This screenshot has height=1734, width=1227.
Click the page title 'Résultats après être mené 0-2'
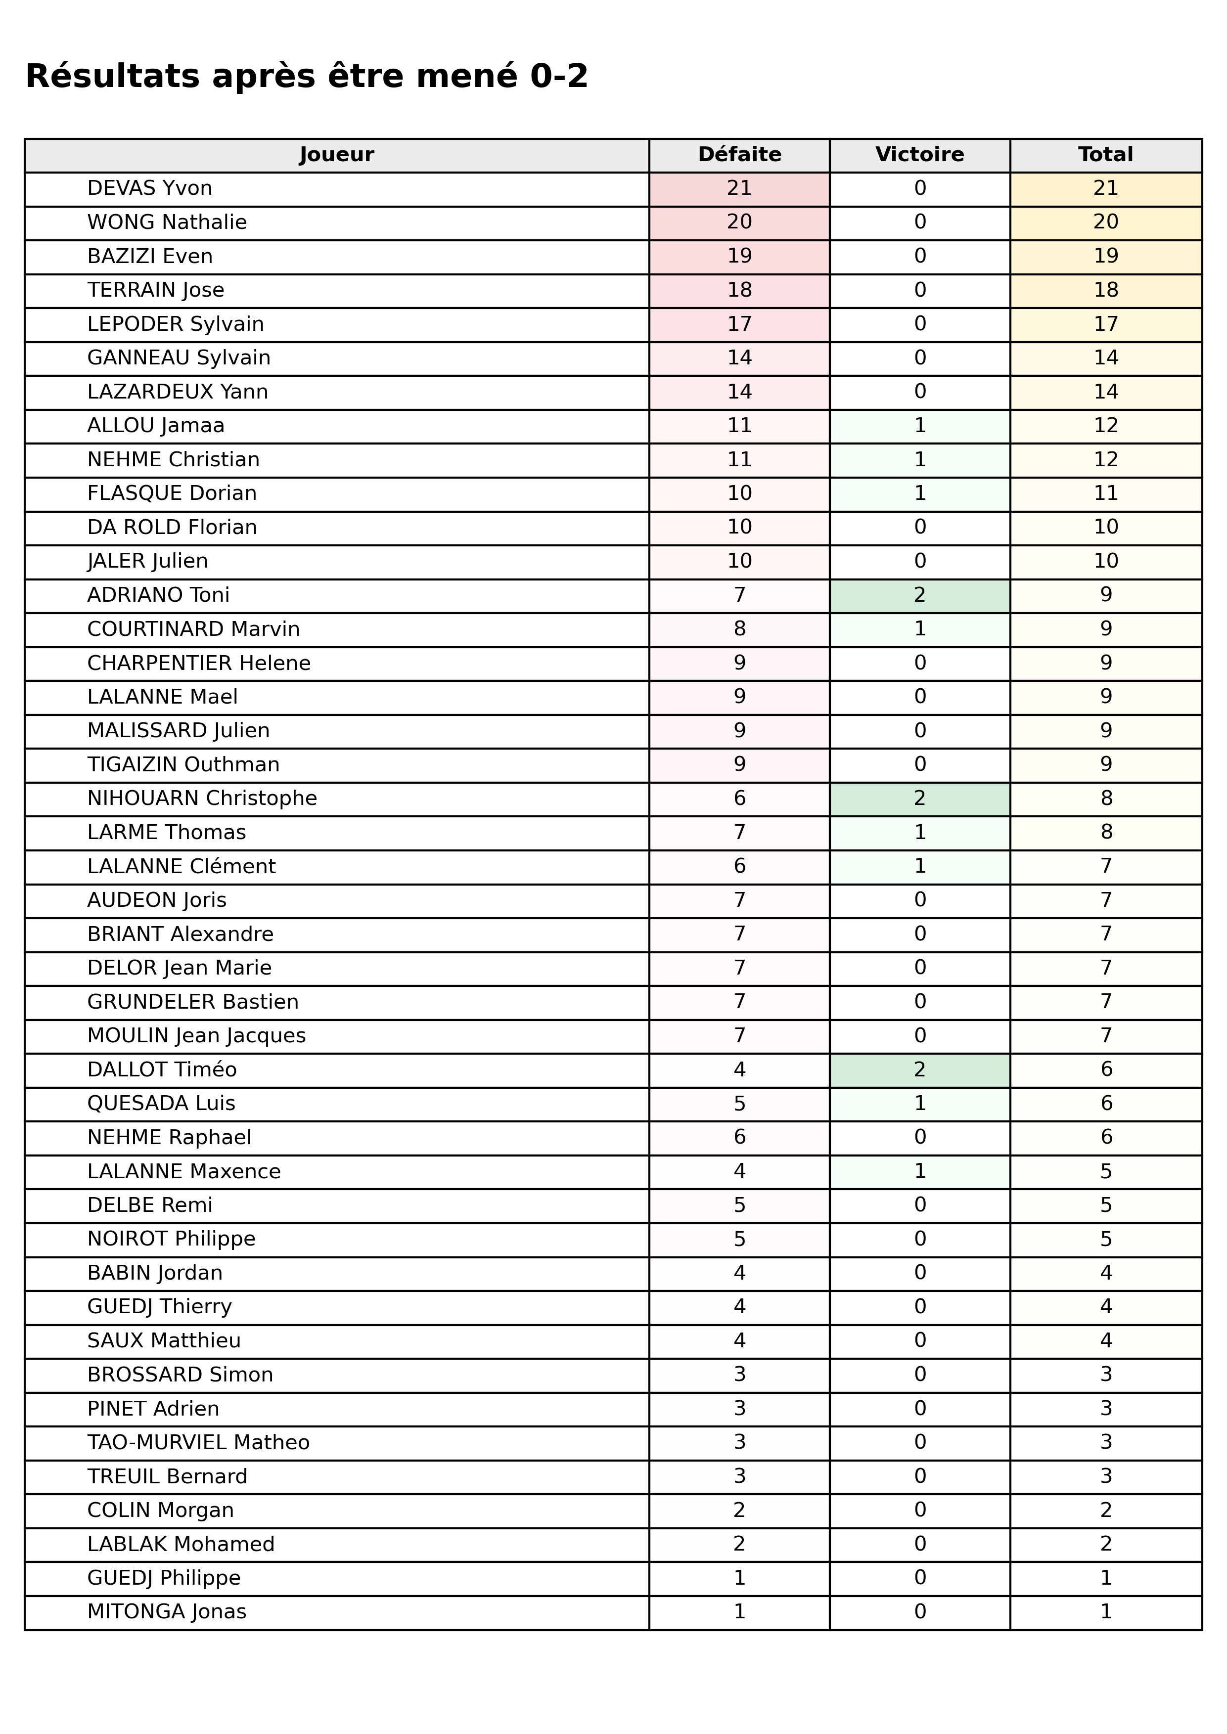pos(306,76)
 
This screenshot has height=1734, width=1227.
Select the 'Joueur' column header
pos(336,155)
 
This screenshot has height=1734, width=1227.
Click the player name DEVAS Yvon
pos(149,188)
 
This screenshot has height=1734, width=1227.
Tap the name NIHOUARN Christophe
pos(202,799)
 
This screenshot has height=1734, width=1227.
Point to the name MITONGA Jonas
pos(167,1612)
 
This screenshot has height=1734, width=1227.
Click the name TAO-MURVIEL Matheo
pos(198,1442)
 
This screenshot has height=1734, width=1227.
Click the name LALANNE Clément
pos(182,866)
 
